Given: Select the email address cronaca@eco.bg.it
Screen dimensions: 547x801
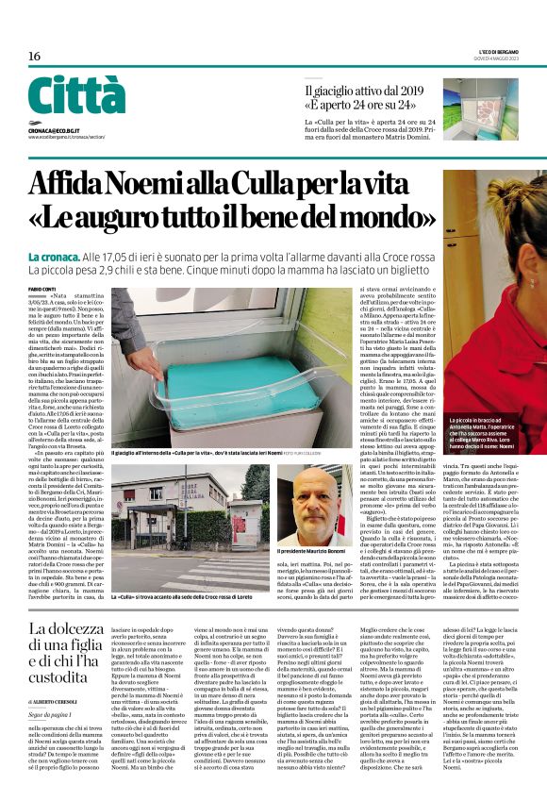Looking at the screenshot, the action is (60, 125).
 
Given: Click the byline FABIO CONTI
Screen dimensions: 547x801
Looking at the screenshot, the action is (42, 289).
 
